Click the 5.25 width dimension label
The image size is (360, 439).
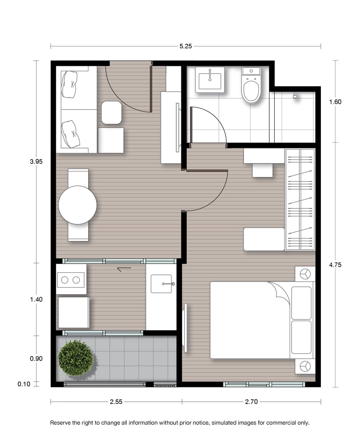coord(185,46)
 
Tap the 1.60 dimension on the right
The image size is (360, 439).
coord(335,102)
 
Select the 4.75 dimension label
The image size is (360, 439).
coord(335,265)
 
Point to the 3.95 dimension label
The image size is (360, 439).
coord(36,161)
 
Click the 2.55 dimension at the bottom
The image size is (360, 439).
coord(116,401)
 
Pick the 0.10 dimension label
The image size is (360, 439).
coord(24,384)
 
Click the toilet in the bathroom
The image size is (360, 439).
coord(251,85)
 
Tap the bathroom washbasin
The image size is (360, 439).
coord(210,80)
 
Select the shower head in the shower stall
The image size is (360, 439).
coord(295,96)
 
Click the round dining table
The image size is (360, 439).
coord(77,205)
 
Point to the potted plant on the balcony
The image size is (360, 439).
coord(76,358)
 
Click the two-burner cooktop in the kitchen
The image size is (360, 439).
coord(71,280)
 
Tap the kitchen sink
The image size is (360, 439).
coord(161,284)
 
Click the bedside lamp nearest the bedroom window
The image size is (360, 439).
coord(305,367)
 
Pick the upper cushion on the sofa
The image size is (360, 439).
coord(69,85)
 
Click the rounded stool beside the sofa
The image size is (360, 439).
coord(111,113)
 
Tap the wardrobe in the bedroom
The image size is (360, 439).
coord(300,199)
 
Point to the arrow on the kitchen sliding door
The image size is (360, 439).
coord(124,269)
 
